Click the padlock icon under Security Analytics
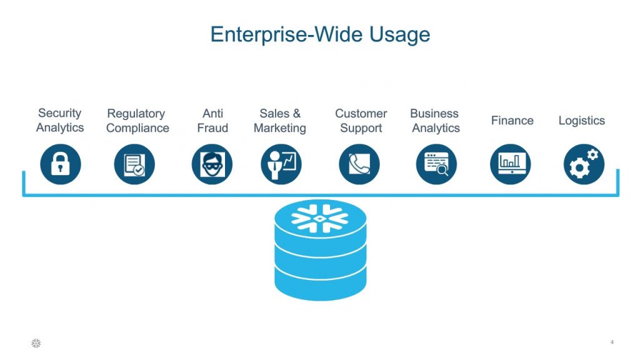[x=60, y=164]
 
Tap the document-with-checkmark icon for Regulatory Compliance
[x=134, y=164]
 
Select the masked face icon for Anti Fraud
[x=212, y=164]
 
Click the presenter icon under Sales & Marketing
[x=281, y=164]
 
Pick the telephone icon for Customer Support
[x=359, y=164]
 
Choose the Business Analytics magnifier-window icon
[x=436, y=164]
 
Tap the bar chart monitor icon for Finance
[x=510, y=164]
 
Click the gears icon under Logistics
[x=584, y=164]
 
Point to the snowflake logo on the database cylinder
[x=320, y=216]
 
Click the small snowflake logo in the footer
[x=36, y=342]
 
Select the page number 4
[x=612, y=342]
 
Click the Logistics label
[x=581, y=121]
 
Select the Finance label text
[x=512, y=121]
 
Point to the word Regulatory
[x=136, y=114]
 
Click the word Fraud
[x=212, y=128]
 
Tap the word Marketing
[x=280, y=128]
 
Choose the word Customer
[x=361, y=114]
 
